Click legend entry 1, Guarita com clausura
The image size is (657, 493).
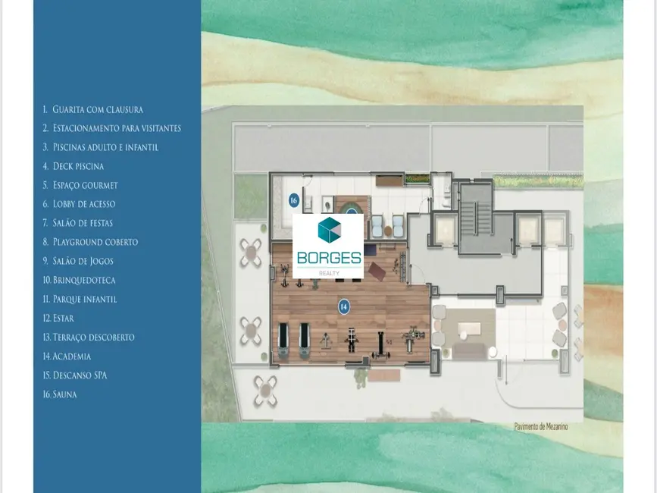(x=92, y=109)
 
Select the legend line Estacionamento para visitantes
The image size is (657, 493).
(x=111, y=128)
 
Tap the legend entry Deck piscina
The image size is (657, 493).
(x=74, y=166)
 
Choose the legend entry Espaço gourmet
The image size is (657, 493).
(x=80, y=185)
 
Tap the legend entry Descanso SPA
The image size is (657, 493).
(x=74, y=375)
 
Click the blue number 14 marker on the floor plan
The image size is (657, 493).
(x=344, y=306)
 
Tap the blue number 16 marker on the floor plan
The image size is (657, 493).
(x=293, y=200)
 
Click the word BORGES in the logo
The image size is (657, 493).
(x=328, y=257)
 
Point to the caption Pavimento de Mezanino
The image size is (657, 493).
(x=540, y=427)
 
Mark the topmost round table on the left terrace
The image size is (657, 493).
(x=251, y=253)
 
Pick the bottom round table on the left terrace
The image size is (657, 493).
(x=264, y=391)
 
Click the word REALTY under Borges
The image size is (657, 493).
(x=328, y=272)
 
